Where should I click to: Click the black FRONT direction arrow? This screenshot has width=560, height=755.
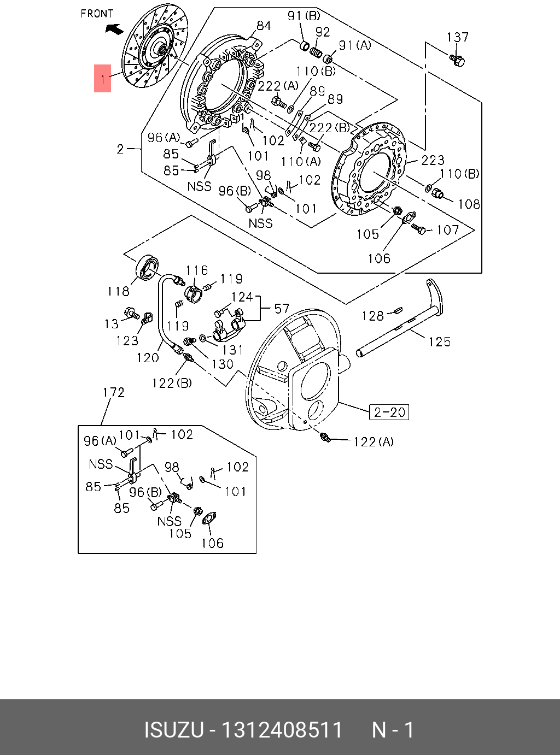pyautogui.click(x=114, y=29)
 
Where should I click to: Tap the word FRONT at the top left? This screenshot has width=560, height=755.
pyautogui.click(x=97, y=14)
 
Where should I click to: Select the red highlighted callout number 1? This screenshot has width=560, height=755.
pyautogui.click(x=103, y=79)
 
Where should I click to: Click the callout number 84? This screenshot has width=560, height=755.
pyautogui.click(x=264, y=26)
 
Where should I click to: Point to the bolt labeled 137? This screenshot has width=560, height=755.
pyautogui.click(x=457, y=61)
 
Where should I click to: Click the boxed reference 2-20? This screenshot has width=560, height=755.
pyautogui.click(x=389, y=412)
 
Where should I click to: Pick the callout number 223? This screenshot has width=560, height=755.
pyautogui.click(x=433, y=160)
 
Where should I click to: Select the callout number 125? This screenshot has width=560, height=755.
pyautogui.click(x=440, y=341)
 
